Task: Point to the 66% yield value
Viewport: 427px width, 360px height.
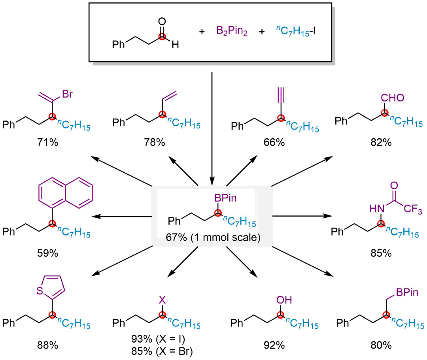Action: [x=274, y=143]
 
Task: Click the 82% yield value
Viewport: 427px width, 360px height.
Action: [x=382, y=143]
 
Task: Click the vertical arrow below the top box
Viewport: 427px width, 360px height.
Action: [x=212, y=126]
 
